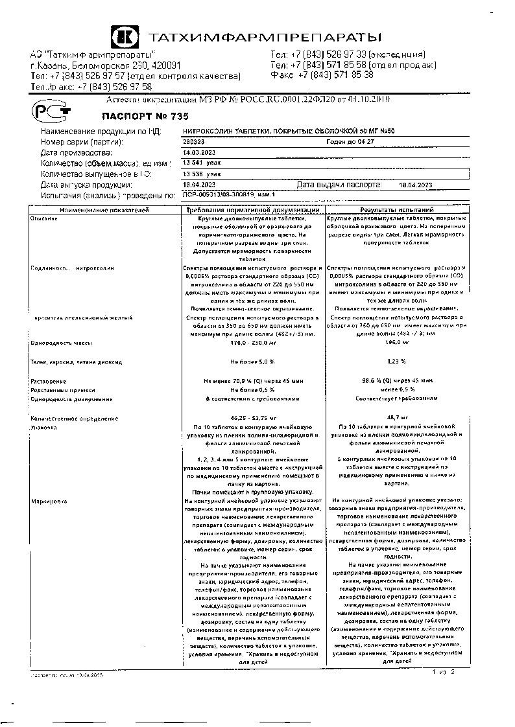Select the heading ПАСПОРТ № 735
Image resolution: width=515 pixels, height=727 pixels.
pos(136,117)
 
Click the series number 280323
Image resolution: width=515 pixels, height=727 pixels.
pos(194,141)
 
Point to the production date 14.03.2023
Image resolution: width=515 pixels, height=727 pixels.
pos(198,152)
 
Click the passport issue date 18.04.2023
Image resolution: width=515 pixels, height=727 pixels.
pos(415,185)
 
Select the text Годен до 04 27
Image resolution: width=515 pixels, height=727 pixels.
pos(350,141)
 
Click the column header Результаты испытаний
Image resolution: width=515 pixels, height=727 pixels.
pos(397,210)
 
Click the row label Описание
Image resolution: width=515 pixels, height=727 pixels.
pos(44,218)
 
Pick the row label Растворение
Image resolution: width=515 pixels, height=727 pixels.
pos(48,382)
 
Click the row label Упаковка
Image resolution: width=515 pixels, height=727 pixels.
pos(44,428)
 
